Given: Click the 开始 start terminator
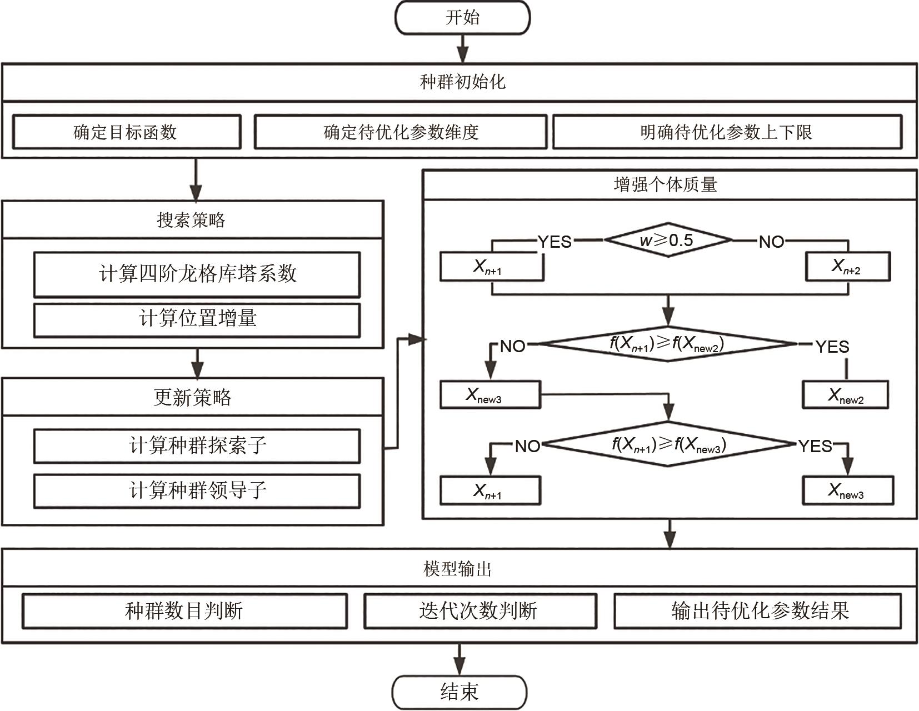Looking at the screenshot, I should tap(462, 18).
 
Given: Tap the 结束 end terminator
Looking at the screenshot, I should tap(459, 692).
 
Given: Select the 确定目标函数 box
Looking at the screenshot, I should tap(126, 132).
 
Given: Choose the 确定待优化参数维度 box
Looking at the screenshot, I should tap(401, 132).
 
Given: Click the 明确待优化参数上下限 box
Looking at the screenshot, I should tap(727, 132).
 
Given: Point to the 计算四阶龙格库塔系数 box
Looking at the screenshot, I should tap(197, 274).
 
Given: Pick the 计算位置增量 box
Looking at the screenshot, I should tap(197, 319).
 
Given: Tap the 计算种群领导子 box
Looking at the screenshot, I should tap(197, 490).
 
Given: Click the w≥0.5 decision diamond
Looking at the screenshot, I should tap(668, 241).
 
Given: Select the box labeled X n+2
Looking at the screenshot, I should tap(847, 267).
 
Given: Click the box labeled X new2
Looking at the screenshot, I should tap(845, 395).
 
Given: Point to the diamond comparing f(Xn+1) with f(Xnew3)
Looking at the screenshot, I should tap(669, 444).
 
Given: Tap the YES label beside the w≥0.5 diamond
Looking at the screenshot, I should tap(555, 242).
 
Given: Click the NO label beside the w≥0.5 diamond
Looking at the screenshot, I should tap(772, 242).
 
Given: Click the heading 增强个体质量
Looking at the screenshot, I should tap(666, 185).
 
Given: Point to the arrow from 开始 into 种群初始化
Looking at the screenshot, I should tap(462, 49).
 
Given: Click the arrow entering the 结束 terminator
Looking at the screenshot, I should tap(459, 659).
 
